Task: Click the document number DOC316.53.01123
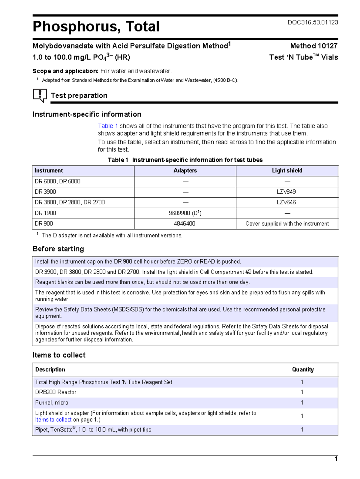tap(313, 23)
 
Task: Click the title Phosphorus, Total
tap(96, 26)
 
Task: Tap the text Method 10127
tap(313, 46)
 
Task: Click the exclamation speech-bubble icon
tap(40, 95)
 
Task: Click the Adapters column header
tap(185, 170)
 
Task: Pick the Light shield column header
tap(287, 170)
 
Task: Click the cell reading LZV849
tap(287, 192)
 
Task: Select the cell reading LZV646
tap(287, 202)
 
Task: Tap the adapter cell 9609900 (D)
tap(185, 213)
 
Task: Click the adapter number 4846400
tap(185, 224)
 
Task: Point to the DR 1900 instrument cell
tap(46, 213)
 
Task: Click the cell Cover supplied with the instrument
tap(287, 224)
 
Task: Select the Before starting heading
tap(58, 249)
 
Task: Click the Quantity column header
tap(303, 369)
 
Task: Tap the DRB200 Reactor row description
tap(56, 392)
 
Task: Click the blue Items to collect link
tap(53, 420)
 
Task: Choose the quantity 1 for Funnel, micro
tap(302, 402)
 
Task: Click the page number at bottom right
tap(336, 459)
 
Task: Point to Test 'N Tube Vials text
tap(303, 57)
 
